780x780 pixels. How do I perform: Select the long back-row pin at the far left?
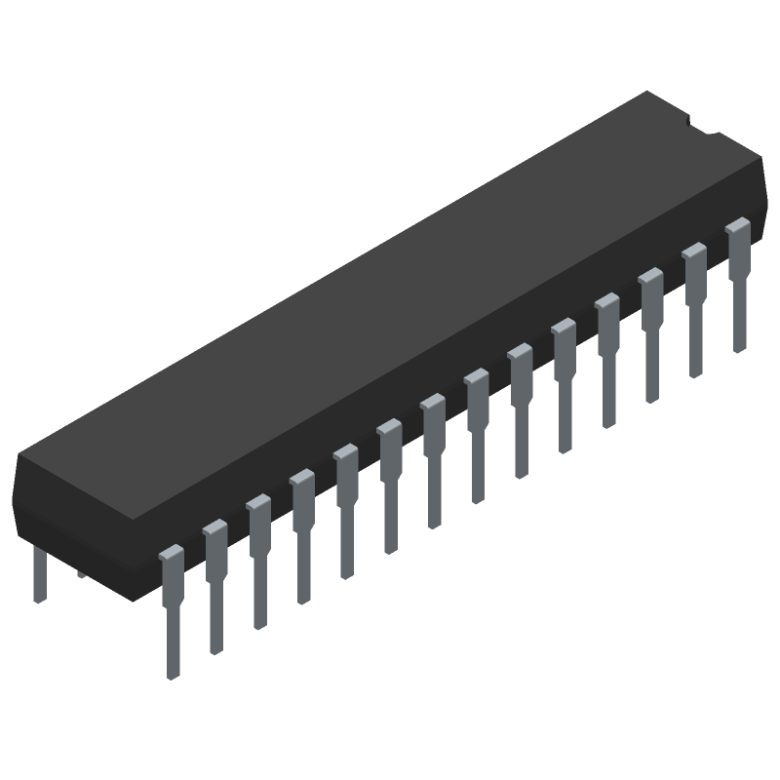pyautogui.click(x=39, y=575)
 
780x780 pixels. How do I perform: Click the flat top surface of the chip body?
pyautogui.click(x=390, y=292)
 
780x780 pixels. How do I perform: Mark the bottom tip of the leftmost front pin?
pyautogui.click(x=173, y=675)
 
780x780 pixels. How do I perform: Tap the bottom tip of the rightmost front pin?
pyautogui.click(x=739, y=349)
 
